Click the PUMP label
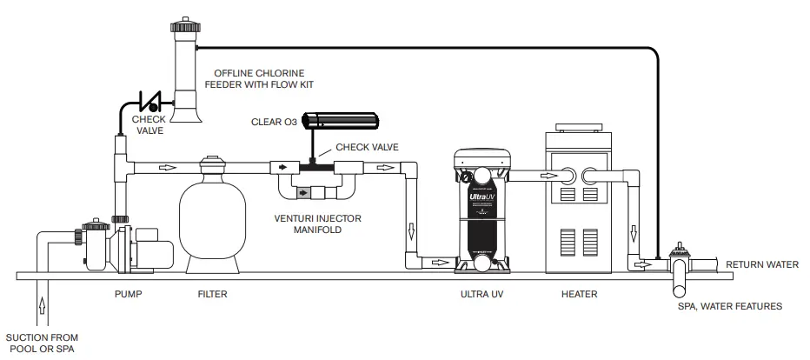(128, 295)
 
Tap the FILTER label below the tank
(212, 295)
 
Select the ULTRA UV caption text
(481, 295)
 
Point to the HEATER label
(580, 295)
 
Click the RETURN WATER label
(761, 264)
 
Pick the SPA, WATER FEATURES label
(730, 306)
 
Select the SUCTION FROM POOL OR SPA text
(43, 342)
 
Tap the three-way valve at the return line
(680, 262)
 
